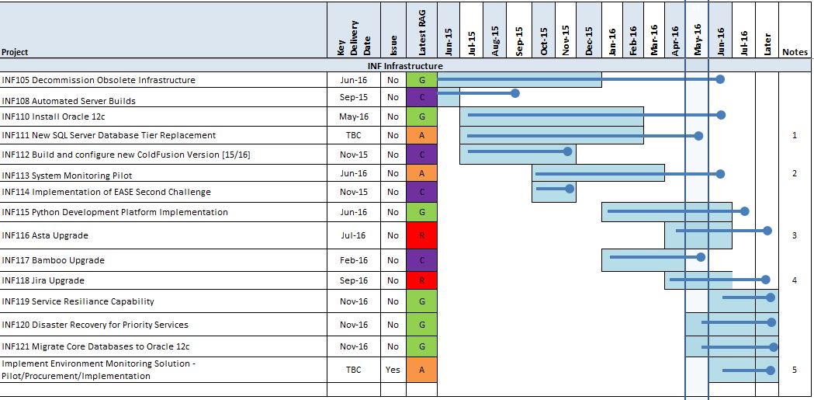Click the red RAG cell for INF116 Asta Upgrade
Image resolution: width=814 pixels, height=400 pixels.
[x=421, y=235]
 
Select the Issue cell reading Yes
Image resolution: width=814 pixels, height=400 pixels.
[x=393, y=370]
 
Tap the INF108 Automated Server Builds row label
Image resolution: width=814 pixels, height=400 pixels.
[x=69, y=101]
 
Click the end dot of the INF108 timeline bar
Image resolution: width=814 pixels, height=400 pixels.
[x=515, y=93]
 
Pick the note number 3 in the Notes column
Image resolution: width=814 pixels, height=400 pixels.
[x=794, y=235]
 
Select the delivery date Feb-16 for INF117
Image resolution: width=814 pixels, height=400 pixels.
[x=354, y=260]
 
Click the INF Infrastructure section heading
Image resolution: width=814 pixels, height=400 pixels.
[x=405, y=66]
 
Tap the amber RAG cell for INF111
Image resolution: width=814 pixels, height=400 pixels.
[x=421, y=135]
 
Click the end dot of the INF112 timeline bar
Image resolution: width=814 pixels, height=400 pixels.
[x=569, y=151]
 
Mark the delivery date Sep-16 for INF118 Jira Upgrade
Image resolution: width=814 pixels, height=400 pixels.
[x=354, y=280]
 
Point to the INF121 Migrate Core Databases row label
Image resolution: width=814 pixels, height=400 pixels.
[x=96, y=346]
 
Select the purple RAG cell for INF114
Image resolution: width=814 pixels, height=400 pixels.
[x=421, y=192]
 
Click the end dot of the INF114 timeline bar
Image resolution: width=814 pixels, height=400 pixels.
[x=570, y=188]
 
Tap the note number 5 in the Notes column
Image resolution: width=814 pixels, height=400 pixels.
[x=794, y=370]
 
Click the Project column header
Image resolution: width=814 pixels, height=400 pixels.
[x=16, y=52]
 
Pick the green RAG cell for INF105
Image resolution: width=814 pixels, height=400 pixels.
[x=421, y=80]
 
